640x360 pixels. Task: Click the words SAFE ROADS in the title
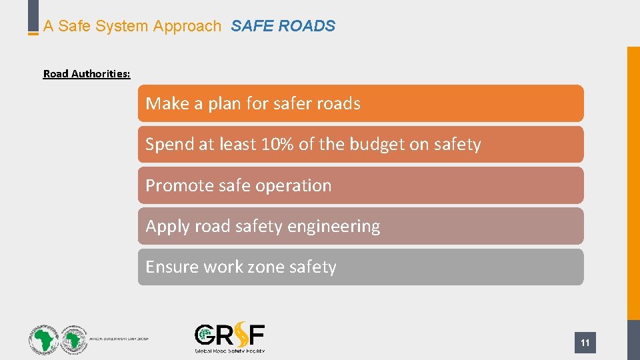pos(283,27)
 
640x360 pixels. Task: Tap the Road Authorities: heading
pos(87,74)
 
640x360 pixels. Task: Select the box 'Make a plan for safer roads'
pos(360,103)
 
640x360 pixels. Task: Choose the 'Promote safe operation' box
pos(360,185)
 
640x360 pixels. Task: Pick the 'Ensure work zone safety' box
pos(360,267)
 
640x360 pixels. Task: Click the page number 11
pos(585,343)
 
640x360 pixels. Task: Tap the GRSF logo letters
pos(229,335)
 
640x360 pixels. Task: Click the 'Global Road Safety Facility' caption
pos(229,350)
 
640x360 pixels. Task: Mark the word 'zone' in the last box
pos(261,267)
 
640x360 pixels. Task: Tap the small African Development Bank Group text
pos(119,339)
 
